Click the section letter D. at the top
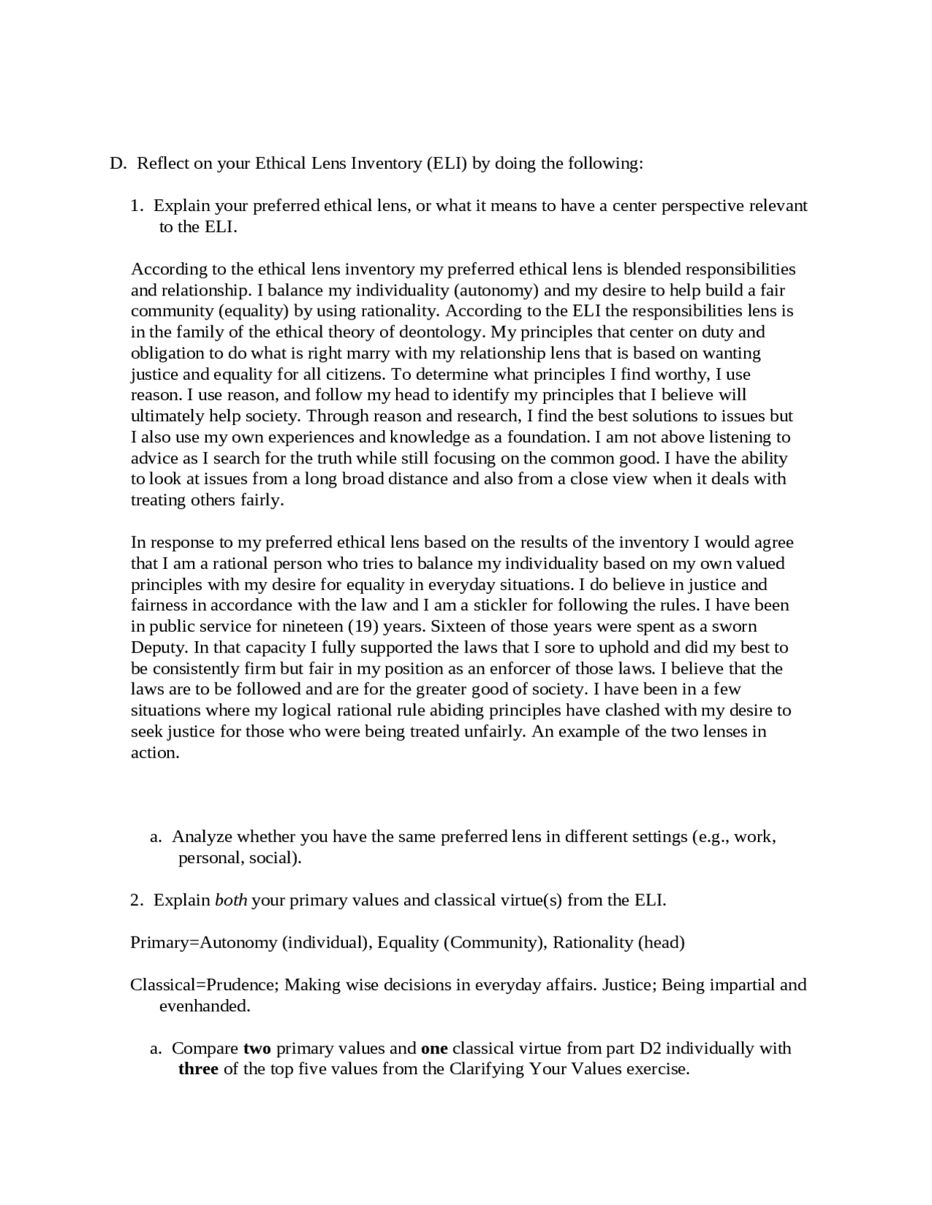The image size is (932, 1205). (119, 163)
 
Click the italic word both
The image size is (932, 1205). (231, 900)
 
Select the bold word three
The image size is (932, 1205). (198, 1069)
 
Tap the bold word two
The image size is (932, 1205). (257, 1049)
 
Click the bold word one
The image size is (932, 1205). (434, 1049)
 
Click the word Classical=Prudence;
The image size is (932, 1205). (204, 985)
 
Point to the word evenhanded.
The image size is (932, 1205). (205, 1006)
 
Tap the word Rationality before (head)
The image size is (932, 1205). (593, 942)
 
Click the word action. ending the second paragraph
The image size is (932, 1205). (155, 752)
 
